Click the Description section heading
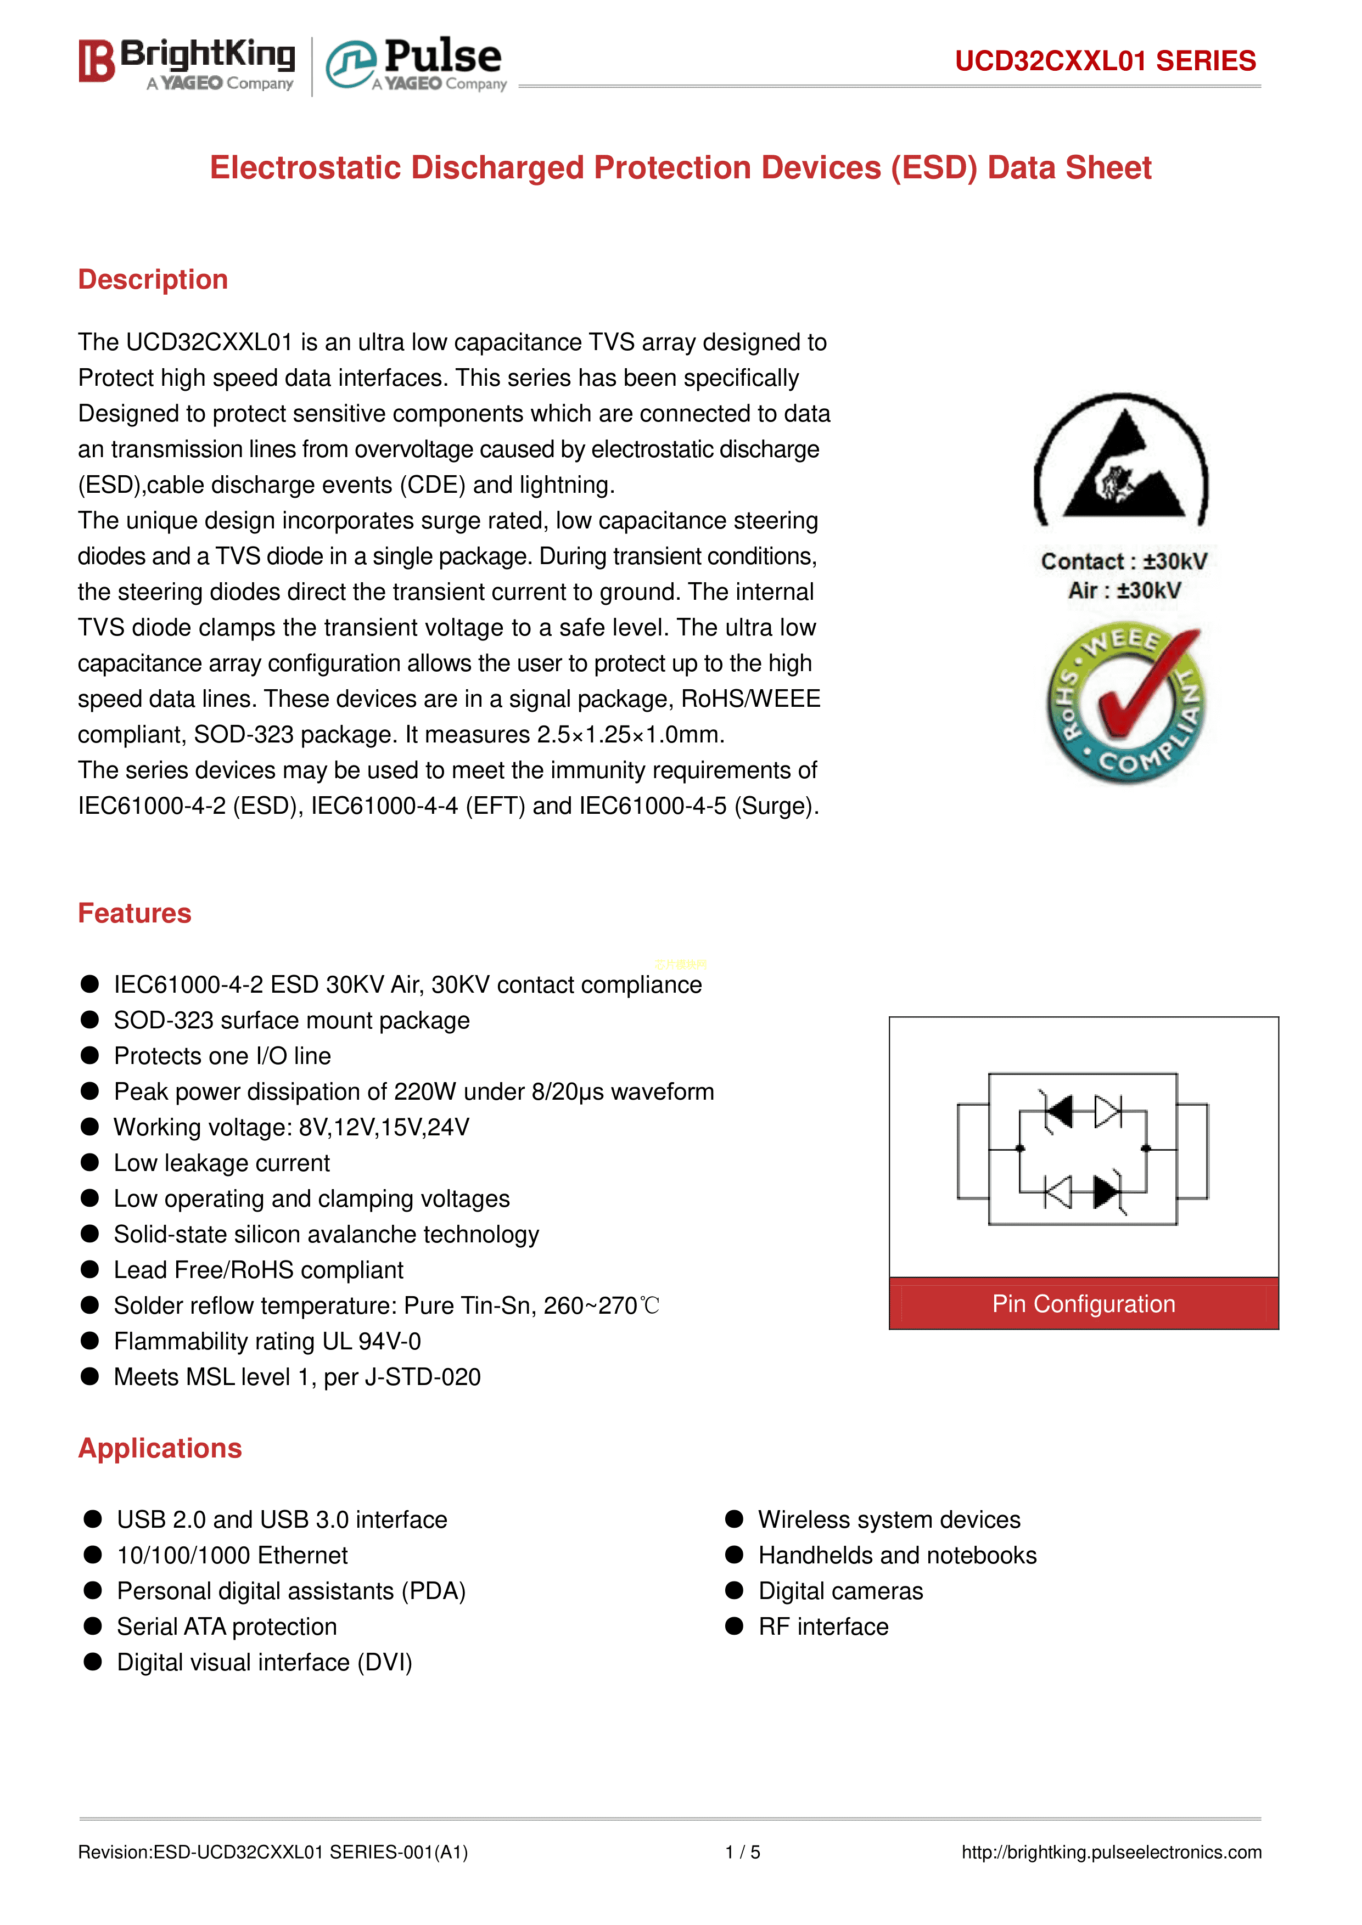coord(153,279)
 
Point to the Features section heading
coord(134,913)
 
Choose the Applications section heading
coord(159,1448)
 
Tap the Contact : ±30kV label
coord(1124,561)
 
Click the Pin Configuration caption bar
coord(1084,1304)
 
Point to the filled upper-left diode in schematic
coord(1060,1112)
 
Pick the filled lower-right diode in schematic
coord(1107,1191)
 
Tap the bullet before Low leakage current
coord(89,1163)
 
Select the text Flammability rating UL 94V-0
coord(267,1342)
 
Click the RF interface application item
coord(823,1626)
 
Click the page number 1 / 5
coord(742,1852)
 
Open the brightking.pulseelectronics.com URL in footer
coord(1111,1852)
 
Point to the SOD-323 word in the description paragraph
coord(243,734)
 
